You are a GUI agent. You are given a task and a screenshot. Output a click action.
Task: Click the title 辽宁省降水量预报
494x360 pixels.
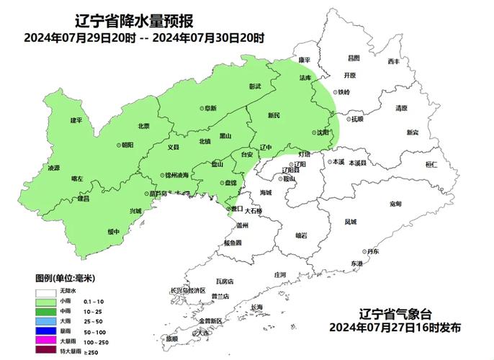pos(138,20)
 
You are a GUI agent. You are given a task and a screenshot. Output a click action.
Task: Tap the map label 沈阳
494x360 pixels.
pos(323,132)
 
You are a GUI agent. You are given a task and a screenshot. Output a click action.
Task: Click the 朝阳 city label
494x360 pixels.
pos(127,145)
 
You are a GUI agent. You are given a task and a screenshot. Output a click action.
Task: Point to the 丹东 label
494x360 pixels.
pos(372,251)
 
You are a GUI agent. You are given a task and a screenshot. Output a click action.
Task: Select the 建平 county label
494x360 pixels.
pos(76,120)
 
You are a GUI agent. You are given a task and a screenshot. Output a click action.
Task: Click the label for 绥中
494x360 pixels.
pos(113,231)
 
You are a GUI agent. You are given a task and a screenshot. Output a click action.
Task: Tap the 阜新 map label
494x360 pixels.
pos(210,108)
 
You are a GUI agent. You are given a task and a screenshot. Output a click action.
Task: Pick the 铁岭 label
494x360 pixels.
pos(343,92)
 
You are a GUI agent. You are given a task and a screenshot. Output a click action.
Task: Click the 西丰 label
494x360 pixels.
pos(392,61)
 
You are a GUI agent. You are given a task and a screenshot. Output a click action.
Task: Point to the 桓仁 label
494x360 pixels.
pos(431,165)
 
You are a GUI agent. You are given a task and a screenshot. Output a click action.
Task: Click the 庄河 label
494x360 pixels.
pos(280,275)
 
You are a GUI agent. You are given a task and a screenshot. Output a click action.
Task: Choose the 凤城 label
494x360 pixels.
pos(350,222)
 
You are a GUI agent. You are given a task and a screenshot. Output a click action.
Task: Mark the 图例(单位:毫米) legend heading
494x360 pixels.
pos(66,277)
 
